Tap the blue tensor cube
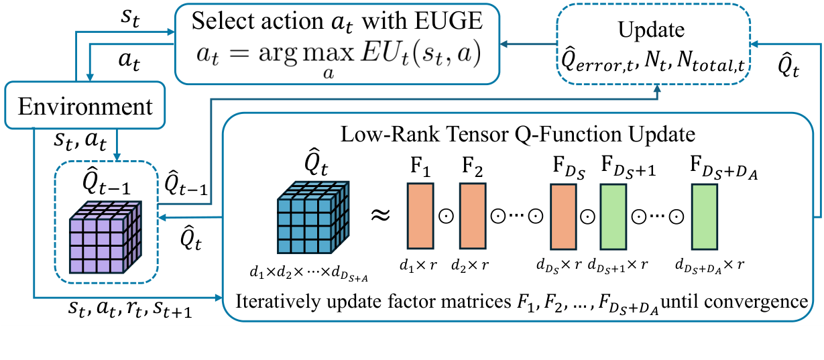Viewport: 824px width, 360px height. [x=314, y=216]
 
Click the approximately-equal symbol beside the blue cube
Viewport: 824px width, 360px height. [x=380, y=215]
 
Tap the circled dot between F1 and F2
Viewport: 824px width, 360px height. [x=445, y=216]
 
